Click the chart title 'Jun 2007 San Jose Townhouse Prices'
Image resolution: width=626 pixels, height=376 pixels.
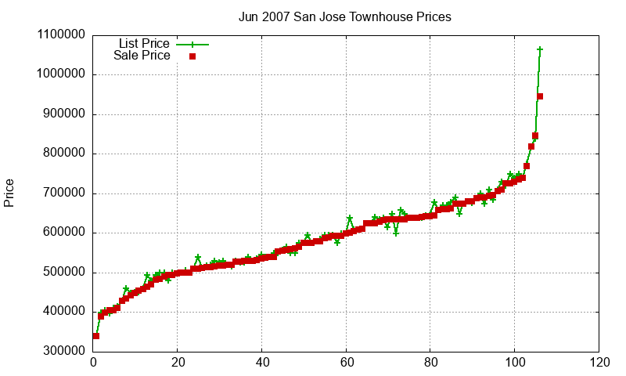(x=345, y=16)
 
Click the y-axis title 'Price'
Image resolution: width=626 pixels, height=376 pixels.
(x=9, y=193)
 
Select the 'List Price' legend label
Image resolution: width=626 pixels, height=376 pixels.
(x=144, y=44)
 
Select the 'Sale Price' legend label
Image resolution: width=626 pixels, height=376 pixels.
(x=142, y=56)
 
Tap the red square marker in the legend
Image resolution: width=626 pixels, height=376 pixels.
(x=192, y=56)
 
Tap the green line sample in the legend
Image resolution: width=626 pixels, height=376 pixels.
(x=192, y=44)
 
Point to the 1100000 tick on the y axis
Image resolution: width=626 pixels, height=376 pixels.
(x=63, y=35)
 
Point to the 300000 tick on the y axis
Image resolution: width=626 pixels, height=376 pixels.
(x=63, y=351)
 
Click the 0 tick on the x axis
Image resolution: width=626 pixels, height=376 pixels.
(x=93, y=363)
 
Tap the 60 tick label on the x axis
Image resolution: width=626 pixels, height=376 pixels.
(x=346, y=363)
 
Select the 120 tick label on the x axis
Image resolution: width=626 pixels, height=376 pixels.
(x=599, y=363)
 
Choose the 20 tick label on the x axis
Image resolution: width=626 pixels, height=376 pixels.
(x=178, y=363)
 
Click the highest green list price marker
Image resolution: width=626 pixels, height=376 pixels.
(x=540, y=49)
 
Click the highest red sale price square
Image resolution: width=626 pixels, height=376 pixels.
(x=540, y=96)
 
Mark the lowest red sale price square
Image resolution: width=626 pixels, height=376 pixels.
(x=96, y=336)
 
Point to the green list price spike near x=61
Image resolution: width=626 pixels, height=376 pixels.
(x=350, y=219)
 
